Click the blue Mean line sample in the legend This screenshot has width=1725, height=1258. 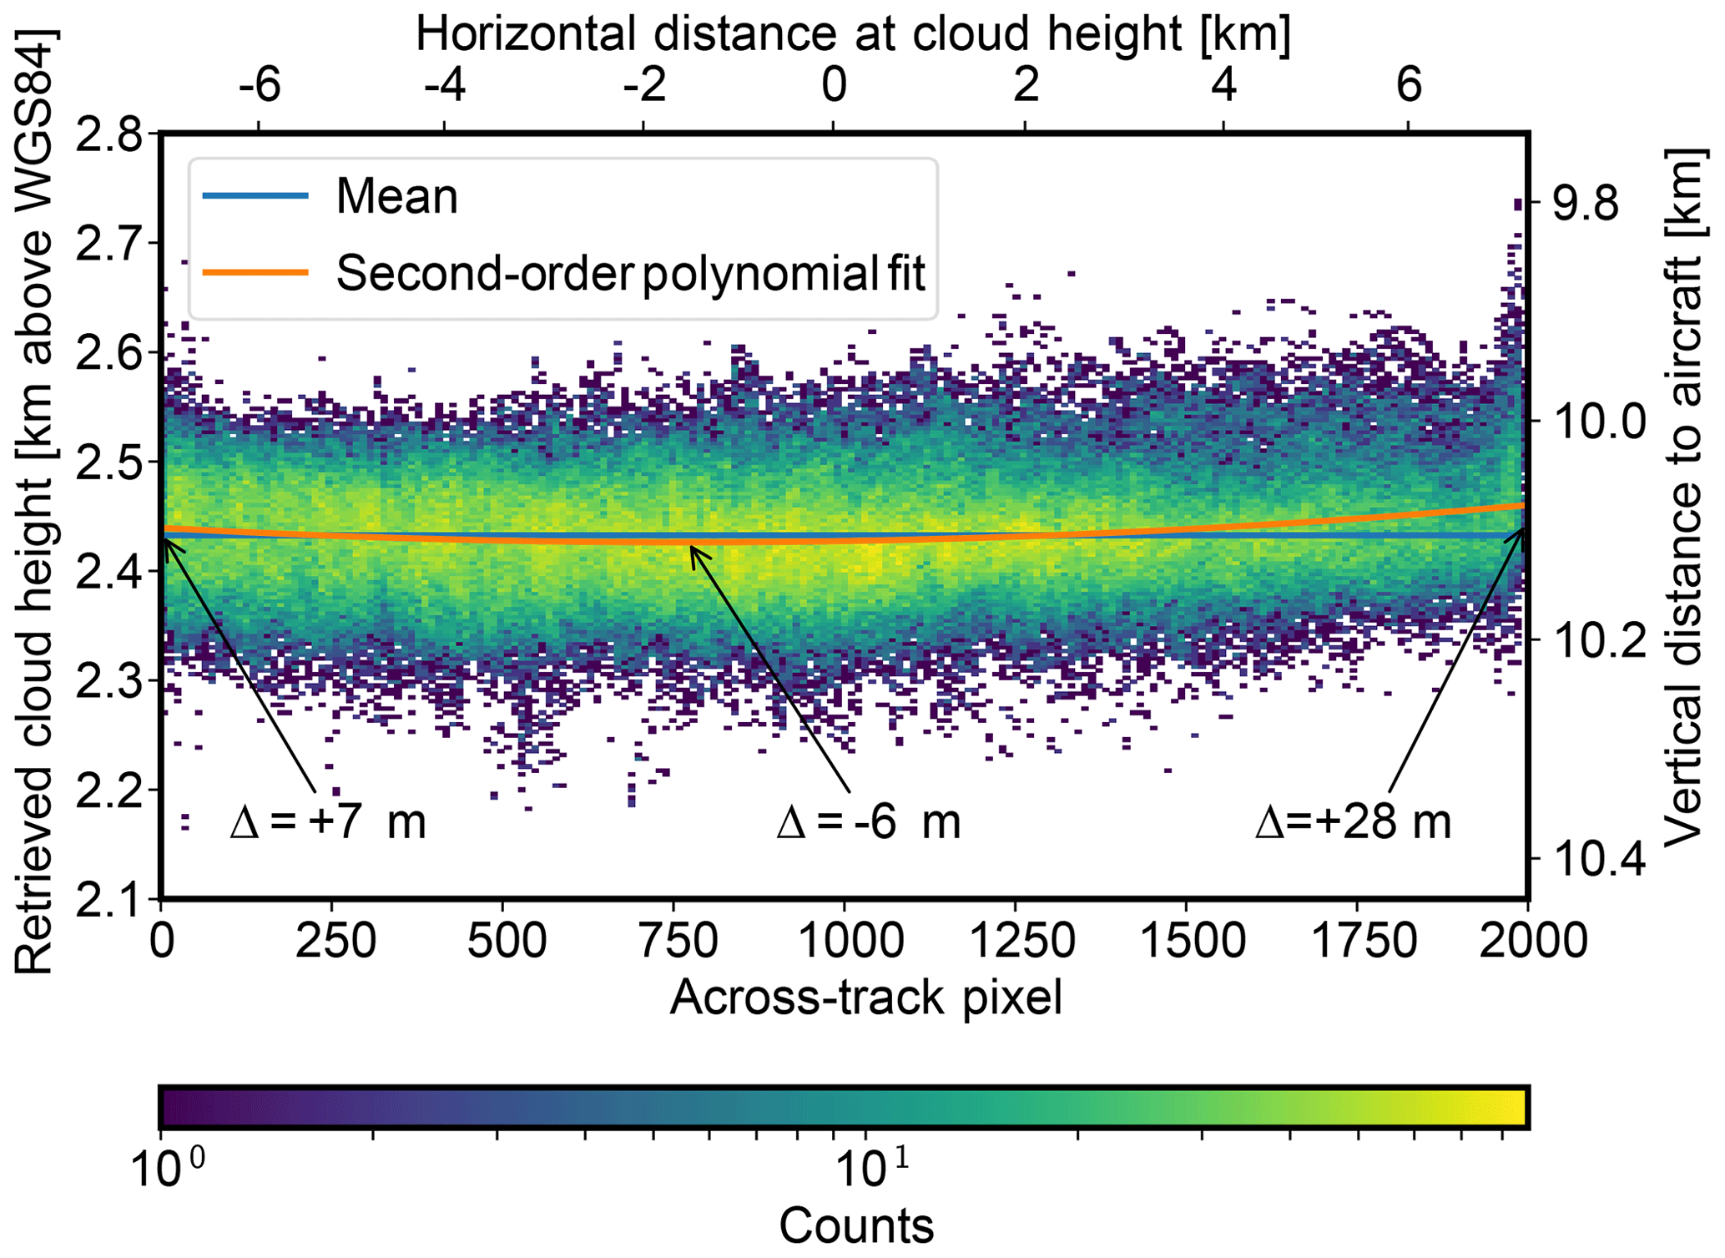[255, 196]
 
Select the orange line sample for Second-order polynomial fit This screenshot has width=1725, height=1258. [255, 272]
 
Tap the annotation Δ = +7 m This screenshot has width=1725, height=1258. [328, 821]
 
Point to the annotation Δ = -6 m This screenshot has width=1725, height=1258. [868, 821]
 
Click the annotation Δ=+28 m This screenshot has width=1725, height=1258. [1353, 821]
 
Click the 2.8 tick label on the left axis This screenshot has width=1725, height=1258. [108, 134]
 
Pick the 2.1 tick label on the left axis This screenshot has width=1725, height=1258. [108, 899]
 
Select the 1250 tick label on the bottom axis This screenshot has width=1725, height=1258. [1022, 941]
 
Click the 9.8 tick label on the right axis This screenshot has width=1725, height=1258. [1586, 204]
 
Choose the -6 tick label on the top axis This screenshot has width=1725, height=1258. [259, 85]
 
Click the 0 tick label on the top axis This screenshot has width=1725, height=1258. [834, 85]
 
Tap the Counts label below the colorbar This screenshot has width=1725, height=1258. [856, 1225]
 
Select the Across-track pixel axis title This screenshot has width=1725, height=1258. [865, 997]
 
